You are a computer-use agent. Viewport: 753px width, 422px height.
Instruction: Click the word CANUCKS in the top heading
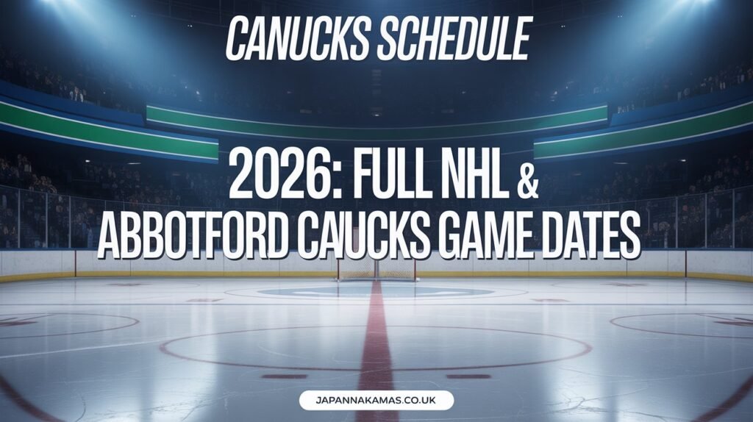click(298, 39)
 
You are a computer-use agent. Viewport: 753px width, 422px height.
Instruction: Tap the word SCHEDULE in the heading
click(453, 39)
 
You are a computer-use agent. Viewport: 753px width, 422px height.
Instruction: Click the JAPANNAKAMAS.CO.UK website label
click(376, 401)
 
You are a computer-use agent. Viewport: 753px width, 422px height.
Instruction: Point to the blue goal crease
click(376, 291)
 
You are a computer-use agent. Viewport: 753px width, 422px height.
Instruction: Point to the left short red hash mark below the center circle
click(285, 376)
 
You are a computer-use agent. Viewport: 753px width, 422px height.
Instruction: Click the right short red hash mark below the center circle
click(468, 376)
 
